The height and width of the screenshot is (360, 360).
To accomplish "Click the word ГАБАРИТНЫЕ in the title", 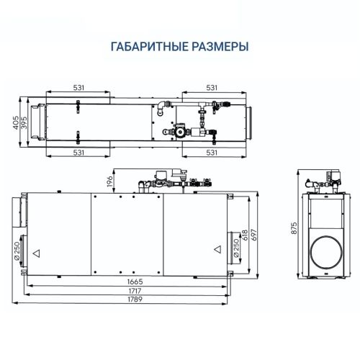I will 149,47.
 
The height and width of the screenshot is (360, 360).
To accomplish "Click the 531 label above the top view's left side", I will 78,87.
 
